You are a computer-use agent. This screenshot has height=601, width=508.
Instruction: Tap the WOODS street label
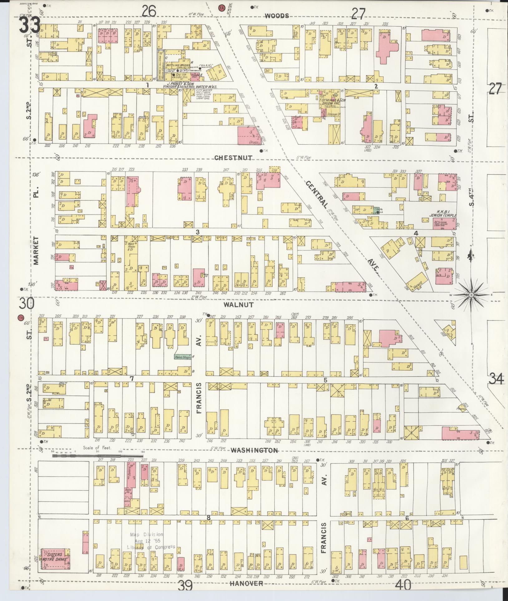276,16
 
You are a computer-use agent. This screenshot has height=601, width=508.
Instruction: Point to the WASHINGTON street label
255,450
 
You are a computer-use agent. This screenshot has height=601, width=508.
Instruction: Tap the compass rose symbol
471,295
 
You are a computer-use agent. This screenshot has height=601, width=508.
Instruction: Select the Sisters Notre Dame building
55,558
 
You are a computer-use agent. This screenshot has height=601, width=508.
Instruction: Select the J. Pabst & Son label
192,85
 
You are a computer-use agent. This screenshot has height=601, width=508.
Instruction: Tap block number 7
132,379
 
